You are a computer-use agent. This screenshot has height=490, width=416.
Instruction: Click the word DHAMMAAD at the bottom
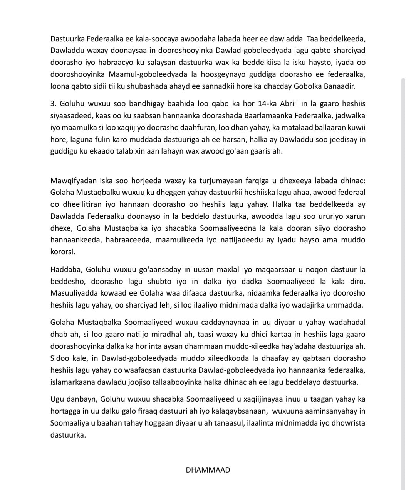click(x=208, y=470)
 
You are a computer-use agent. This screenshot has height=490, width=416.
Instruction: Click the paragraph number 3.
click(x=53, y=104)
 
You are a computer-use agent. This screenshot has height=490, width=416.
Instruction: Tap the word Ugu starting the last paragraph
click(x=57, y=399)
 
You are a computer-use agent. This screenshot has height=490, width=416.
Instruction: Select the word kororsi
click(x=63, y=252)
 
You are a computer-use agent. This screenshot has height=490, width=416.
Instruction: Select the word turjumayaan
click(x=202, y=180)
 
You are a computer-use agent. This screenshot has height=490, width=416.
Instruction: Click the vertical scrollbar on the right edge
click(x=403, y=270)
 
